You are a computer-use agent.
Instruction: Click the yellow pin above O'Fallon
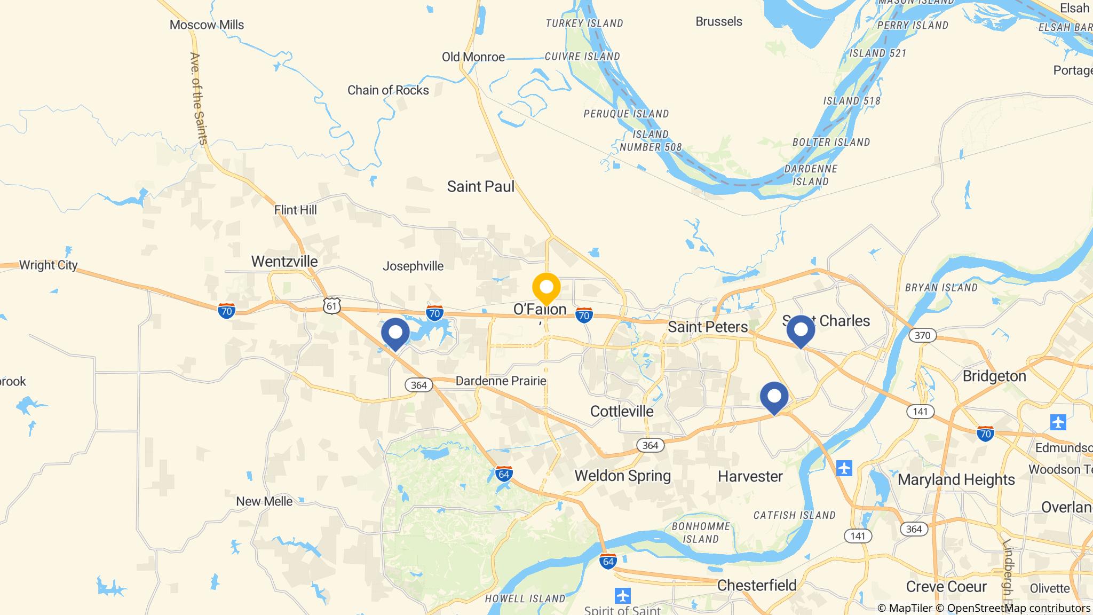546,288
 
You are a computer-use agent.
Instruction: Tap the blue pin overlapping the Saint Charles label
801,330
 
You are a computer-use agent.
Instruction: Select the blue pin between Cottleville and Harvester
774,397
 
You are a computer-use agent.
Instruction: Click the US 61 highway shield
331,306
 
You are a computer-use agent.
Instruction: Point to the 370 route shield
922,335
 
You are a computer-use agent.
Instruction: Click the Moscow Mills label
207,25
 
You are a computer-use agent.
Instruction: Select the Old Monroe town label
473,57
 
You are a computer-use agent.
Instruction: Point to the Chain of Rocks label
388,90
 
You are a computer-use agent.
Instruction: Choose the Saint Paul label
481,186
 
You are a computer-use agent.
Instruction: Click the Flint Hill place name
295,210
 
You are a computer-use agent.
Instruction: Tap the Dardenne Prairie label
501,381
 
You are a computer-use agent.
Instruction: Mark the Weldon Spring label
622,476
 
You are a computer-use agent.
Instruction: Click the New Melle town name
264,501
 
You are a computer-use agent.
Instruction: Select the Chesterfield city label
757,585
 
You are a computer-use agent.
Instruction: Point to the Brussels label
719,21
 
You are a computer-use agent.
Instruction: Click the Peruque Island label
626,114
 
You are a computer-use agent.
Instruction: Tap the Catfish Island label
794,515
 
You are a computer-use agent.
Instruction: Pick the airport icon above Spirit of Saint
622,595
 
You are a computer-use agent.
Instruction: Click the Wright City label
48,265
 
